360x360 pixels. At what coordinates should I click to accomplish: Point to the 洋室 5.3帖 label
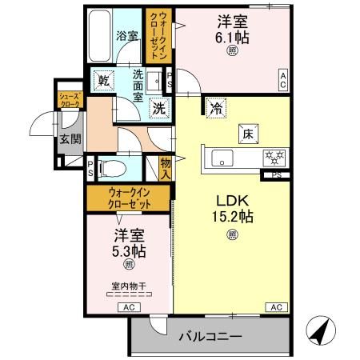(129, 243)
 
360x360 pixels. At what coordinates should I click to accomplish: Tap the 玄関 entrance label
(66, 138)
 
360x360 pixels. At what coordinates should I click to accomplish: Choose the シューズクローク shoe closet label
(68, 100)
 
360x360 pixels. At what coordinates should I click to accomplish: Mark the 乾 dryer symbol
(104, 80)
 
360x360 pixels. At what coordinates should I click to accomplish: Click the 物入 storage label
(166, 166)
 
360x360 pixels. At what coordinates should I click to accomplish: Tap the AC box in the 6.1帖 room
(282, 76)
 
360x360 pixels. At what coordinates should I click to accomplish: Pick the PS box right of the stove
(276, 174)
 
